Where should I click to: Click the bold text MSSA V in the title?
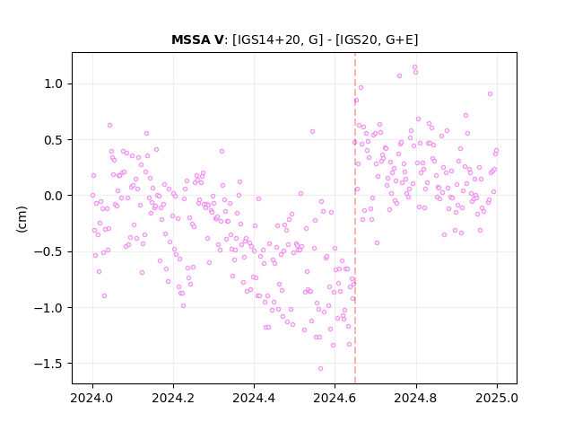tap(197, 40)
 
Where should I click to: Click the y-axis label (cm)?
tap(22, 219)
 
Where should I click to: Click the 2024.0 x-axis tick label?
tap(92, 398)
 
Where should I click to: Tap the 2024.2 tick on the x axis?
tap(173, 398)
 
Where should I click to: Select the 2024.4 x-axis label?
tap(254, 398)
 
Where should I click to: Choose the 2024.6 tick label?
tap(335, 398)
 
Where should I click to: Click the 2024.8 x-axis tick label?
tap(416, 398)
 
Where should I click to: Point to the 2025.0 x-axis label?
tap(497, 398)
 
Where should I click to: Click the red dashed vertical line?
tap(355, 218)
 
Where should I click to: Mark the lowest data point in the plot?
tap(320, 369)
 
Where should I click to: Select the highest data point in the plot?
tap(414, 67)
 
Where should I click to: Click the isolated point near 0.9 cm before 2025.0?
tap(491, 93)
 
